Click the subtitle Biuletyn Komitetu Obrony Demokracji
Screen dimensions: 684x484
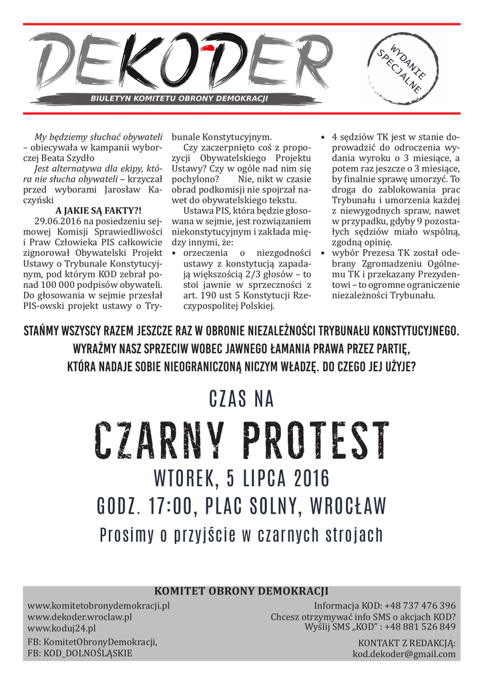pos(179,98)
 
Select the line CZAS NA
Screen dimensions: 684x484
pos(242,399)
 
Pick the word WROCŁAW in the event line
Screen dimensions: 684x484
pos(346,506)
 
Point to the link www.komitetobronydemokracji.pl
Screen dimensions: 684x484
pos(99,605)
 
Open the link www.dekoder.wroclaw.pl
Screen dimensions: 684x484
pos(79,617)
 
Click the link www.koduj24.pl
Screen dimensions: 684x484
pos(61,629)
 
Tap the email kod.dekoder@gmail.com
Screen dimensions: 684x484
pos(404,654)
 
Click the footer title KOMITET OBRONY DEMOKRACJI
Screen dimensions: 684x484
pos(241,591)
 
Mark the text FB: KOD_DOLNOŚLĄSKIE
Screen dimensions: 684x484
pos(79,653)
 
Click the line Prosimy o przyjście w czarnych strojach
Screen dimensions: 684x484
pos(241,535)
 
